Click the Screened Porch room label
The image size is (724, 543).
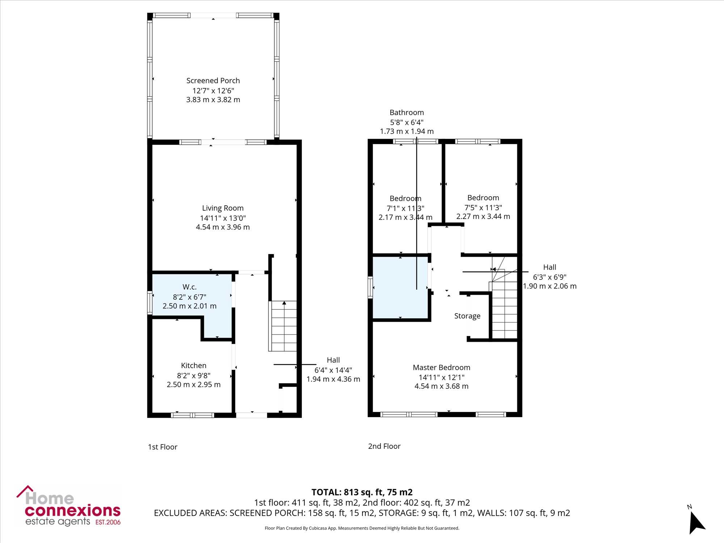(x=213, y=81)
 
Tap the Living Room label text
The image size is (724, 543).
(x=223, y=208)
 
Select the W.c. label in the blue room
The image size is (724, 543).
(x=189, y=287)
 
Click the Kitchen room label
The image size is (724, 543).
(x=194, y=366)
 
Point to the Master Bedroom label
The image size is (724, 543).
(x=441, y=367)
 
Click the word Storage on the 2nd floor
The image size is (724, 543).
(x=467, y=316)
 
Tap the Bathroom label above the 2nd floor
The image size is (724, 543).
(x=407, y=113)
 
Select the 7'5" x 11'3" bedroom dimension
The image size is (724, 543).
(x=483, y=207)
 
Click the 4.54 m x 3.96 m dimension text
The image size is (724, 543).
(x=223, y=227)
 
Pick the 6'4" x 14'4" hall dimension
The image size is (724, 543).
(x=333, y=370)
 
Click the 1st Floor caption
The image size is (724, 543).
(x=163, y=447)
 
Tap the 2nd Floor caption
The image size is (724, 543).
(x=384, y=446)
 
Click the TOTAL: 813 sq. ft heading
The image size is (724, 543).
(x=362, y=492)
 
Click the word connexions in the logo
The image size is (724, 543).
(x=72, y=510)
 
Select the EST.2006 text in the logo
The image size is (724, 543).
(x=108, y=522)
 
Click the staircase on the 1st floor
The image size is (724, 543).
(x=282, y=326)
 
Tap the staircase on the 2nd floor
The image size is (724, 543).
(x=503, y=304)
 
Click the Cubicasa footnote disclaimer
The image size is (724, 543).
(x=362, y=528)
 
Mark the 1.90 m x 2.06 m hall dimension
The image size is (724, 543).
(x=550, y=286)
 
